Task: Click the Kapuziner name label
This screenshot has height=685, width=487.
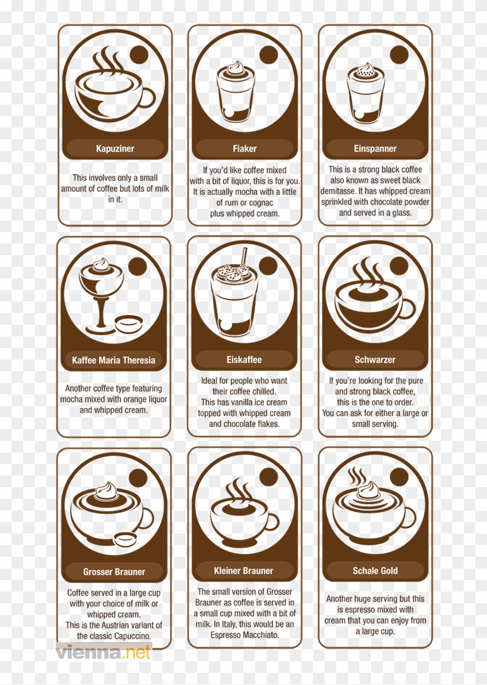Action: [115, 148]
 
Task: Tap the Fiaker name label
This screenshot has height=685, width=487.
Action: [245, 148]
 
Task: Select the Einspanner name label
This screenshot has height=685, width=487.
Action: [375, 148]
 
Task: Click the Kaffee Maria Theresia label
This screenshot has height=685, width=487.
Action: [114, 360]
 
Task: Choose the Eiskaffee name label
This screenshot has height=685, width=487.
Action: [244, 360]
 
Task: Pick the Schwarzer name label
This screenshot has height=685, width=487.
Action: [375, 360]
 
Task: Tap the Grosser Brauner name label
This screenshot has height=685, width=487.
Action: [114, 572]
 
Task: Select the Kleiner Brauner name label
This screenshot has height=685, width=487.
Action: [244, 571]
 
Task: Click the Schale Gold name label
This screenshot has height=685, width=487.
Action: [375, 571]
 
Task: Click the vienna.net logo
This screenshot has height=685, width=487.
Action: [103, 652]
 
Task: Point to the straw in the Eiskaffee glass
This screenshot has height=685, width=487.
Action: [244, 256]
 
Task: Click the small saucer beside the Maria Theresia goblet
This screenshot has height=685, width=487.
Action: [128, 324]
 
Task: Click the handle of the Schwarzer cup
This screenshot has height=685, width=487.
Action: [408, 309]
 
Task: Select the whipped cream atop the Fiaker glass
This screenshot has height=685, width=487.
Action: [235, 68]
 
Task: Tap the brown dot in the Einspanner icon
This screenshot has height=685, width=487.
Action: [399, 55]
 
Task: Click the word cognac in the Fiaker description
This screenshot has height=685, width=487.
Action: [261, 202]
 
